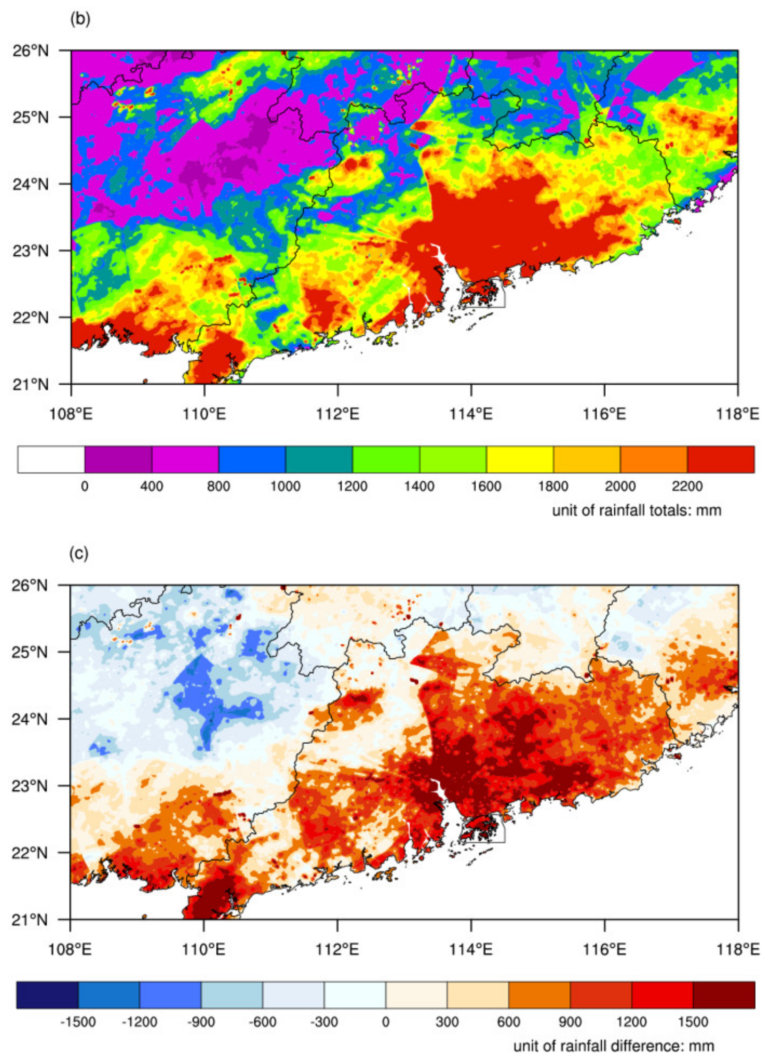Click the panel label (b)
tap(79, 19)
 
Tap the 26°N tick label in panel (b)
tap(30, 50)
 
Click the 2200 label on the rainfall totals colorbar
tap(687, 486)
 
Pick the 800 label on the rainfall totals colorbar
tap(219, 486)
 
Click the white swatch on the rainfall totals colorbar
tap(51, 459)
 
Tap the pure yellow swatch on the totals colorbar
tap(520, 459)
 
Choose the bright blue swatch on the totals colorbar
tap(252, 459)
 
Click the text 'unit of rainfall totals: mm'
tap(637, 510)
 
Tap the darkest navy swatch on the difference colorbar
tap(48, 995)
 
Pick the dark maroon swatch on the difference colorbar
tap(724, 995)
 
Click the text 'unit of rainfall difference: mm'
tap(614, 1046)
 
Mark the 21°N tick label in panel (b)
tap(30, 385)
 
